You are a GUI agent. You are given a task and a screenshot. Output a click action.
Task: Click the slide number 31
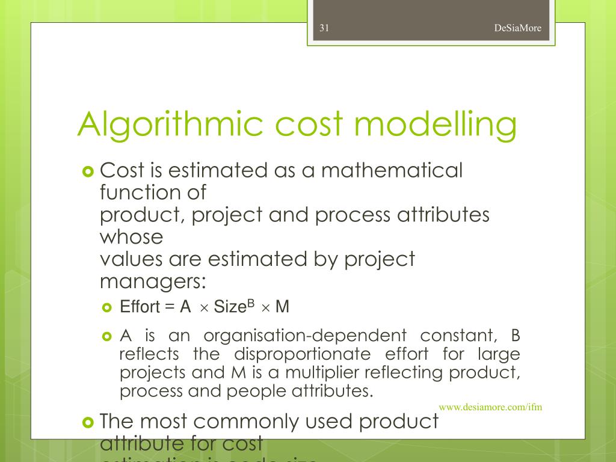click(324, 28)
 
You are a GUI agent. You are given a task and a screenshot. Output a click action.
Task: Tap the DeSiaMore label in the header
click(517, 28)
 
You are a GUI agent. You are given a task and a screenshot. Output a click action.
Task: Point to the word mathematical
click(392, 171)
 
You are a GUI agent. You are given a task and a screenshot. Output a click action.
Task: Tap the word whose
click(131, 236)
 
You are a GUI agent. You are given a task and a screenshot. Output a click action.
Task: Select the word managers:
click(152, 280)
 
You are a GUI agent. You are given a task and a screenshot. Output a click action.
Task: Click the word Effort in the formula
click(140, 307)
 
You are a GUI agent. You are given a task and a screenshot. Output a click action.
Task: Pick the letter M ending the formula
click(282, 307)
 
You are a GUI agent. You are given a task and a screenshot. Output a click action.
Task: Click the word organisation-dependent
click(305, 336)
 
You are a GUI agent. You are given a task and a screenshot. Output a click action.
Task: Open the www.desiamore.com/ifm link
click(490, 407)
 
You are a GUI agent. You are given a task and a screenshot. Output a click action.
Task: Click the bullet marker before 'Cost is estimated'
click(88, 172)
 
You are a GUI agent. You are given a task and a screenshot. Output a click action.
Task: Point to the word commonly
click(250, 422)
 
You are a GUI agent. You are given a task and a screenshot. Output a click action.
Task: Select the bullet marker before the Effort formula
click(108, 308)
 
